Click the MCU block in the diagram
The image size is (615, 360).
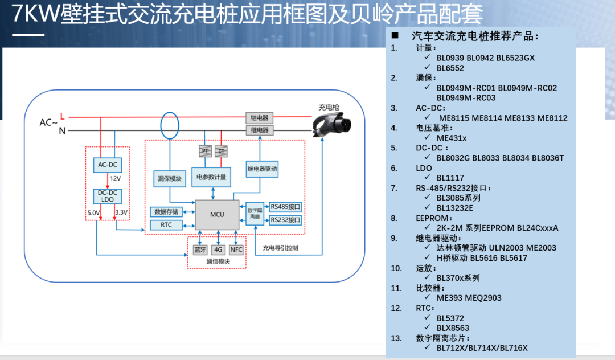click(217, 215)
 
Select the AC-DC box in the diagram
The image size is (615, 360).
click(107, 165)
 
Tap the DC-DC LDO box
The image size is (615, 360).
click(107, 196)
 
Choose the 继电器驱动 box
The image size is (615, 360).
click(263, 169)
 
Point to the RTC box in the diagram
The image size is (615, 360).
click(166, 225)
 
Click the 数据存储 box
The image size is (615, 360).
click(166, 212)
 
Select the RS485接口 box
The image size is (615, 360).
click(285, 207)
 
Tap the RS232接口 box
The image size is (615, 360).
click(285, 220)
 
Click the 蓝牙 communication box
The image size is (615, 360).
click(199, 249)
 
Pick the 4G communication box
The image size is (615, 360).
click(218, 249)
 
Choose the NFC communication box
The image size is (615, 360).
click(236, 249)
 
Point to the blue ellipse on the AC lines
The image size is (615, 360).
click(170, 125)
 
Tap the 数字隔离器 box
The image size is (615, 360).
click(254, 214)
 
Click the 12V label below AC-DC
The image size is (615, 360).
click(115, 179)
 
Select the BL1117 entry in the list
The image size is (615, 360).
click(450, 178)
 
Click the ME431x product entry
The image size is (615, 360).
click(452, 138)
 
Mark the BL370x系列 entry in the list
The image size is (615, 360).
click(458, 278)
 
